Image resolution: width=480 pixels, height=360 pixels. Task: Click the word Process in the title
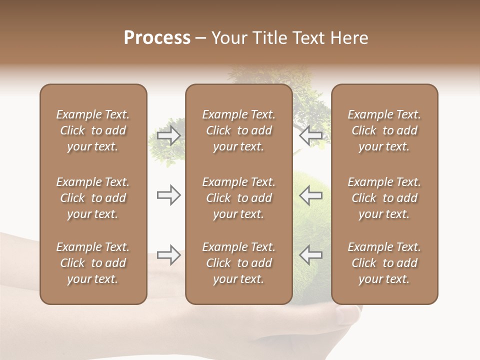click(x=157, y=38)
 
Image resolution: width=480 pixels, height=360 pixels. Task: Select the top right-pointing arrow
click(x=169, y=135)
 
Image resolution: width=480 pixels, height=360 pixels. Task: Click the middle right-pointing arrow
click(x=169, y=195)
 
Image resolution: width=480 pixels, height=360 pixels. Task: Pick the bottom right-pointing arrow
click(x=169, y=255)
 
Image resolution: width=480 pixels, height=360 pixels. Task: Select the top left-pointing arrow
click(x=311, y=135)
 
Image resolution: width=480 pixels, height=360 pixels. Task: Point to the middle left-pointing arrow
click(x=311, y=195)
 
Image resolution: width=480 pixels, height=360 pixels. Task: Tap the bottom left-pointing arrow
click(x=311, y=255)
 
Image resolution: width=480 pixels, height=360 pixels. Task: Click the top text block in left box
click(x=93, y=130)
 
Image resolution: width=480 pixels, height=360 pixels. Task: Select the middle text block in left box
click(x=93, y=198)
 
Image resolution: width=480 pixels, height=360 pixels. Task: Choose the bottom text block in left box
click(x=93, y=263)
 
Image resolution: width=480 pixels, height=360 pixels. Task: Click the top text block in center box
click(x=238, y=130)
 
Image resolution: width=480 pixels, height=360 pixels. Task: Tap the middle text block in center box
click(x=238, y=198)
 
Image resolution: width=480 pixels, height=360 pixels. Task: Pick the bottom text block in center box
click(x=238, y=263)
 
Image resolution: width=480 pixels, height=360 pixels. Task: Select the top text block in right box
click(x=384, y=130)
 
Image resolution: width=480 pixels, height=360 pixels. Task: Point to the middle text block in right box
click(x=384, y=198)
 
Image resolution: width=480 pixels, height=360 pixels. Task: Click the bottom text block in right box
click(x=384, y=263)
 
